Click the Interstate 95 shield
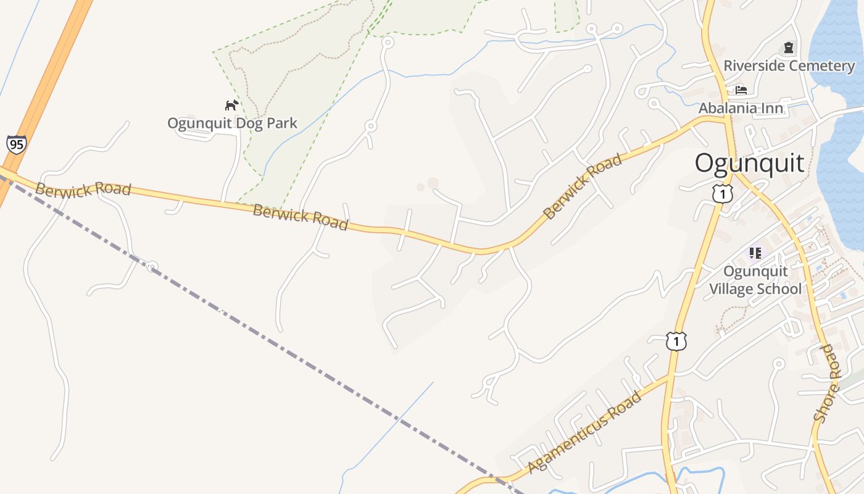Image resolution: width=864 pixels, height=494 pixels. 17,144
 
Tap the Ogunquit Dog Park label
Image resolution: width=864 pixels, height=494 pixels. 232,123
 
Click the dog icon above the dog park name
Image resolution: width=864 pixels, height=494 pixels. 231,105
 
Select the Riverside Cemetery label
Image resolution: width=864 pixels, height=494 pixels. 789,65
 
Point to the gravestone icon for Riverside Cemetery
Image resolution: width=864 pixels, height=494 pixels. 788,48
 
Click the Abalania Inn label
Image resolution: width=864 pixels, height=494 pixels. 741,108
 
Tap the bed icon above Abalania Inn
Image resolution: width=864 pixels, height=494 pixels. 741,90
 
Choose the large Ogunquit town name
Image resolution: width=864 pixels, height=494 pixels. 749,163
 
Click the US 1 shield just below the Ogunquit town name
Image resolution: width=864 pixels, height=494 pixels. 722,193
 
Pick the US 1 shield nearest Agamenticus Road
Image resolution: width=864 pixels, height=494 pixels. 676,340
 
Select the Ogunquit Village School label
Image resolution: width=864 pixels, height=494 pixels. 755,280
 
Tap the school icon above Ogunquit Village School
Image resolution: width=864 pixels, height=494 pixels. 755,253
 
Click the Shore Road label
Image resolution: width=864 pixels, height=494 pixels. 828,383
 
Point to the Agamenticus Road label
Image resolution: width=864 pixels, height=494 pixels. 584,432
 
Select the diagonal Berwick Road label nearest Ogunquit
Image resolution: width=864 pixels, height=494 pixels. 583,186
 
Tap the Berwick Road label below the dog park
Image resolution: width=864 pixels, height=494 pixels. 301,217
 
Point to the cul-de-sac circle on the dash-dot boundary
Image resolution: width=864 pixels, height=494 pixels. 152,267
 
